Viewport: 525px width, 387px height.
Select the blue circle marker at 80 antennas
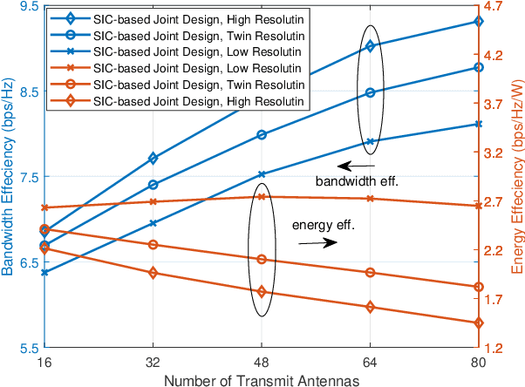click(478, 67)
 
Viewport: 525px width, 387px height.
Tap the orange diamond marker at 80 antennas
click(478, 323)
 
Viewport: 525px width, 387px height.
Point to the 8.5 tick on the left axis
click(28, 92)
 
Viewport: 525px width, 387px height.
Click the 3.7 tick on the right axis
click(494, 104)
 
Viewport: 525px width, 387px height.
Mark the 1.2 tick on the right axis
click(494, 348)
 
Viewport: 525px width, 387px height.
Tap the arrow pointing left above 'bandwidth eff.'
click(357, 165)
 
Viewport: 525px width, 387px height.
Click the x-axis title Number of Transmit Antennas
click(262, 378)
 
